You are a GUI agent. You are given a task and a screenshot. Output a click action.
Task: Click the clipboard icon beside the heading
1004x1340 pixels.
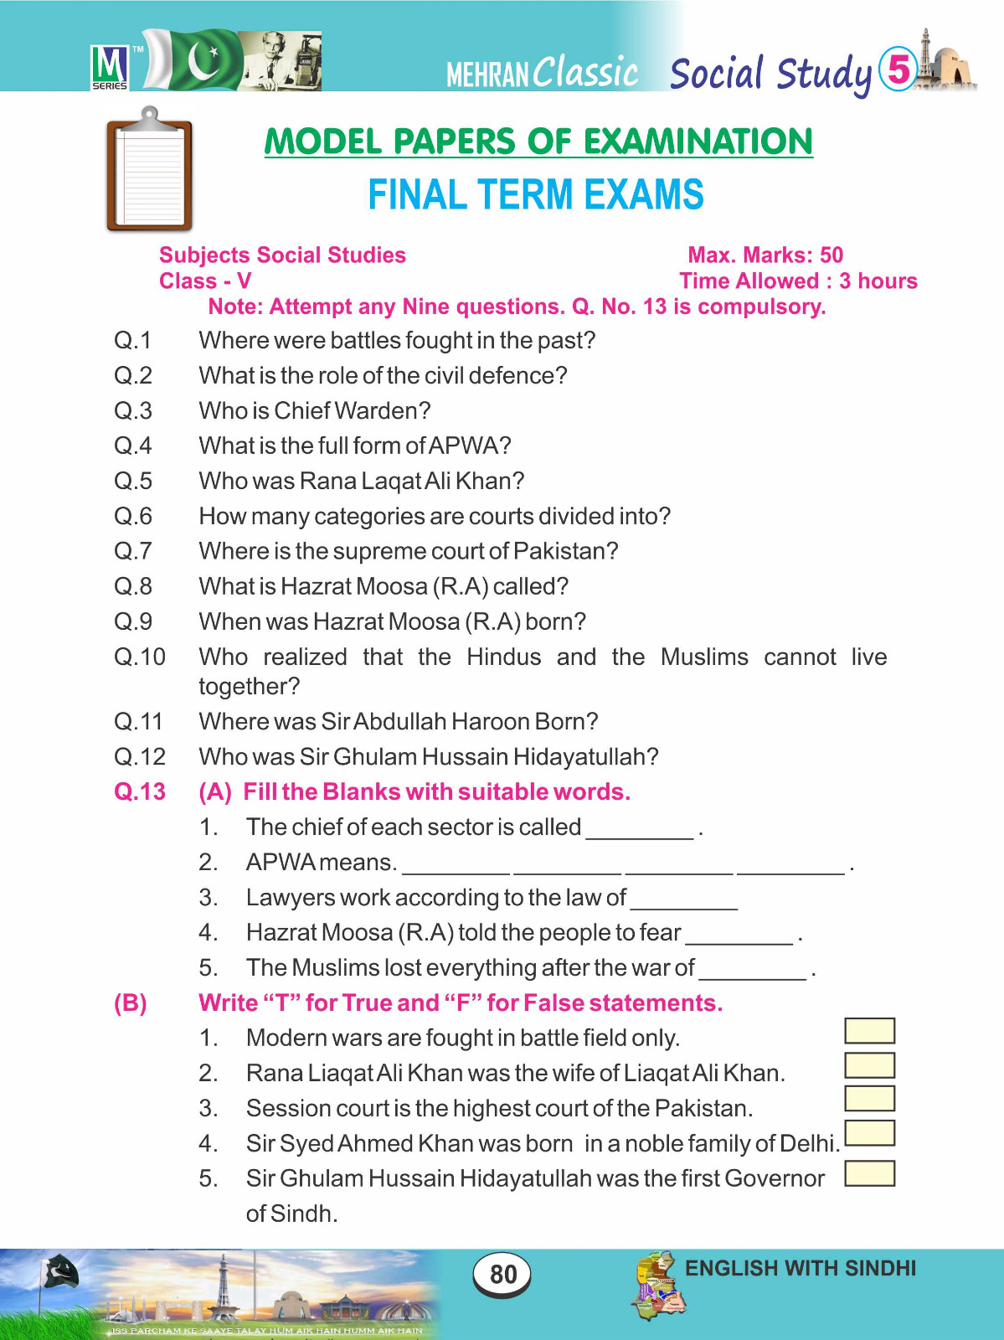tap(149, 171)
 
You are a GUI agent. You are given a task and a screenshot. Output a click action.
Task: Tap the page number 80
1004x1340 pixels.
tap(502, 1274)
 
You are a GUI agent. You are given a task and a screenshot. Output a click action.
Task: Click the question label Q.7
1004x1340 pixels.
tap(133, 551)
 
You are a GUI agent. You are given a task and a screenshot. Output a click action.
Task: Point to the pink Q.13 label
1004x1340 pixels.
tap(140, 791)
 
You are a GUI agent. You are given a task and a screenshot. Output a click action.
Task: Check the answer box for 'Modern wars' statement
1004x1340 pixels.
tap(869, 1031)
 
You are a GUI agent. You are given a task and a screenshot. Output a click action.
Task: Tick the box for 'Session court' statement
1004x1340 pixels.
tap(869, 1099)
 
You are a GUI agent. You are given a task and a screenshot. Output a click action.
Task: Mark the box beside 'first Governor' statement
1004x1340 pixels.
tap(869, 1173)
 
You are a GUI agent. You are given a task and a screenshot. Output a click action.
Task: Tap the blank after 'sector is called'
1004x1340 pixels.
tap(640, 829)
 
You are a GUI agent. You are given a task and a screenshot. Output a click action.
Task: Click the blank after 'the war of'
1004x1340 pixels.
tap(752, 970)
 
